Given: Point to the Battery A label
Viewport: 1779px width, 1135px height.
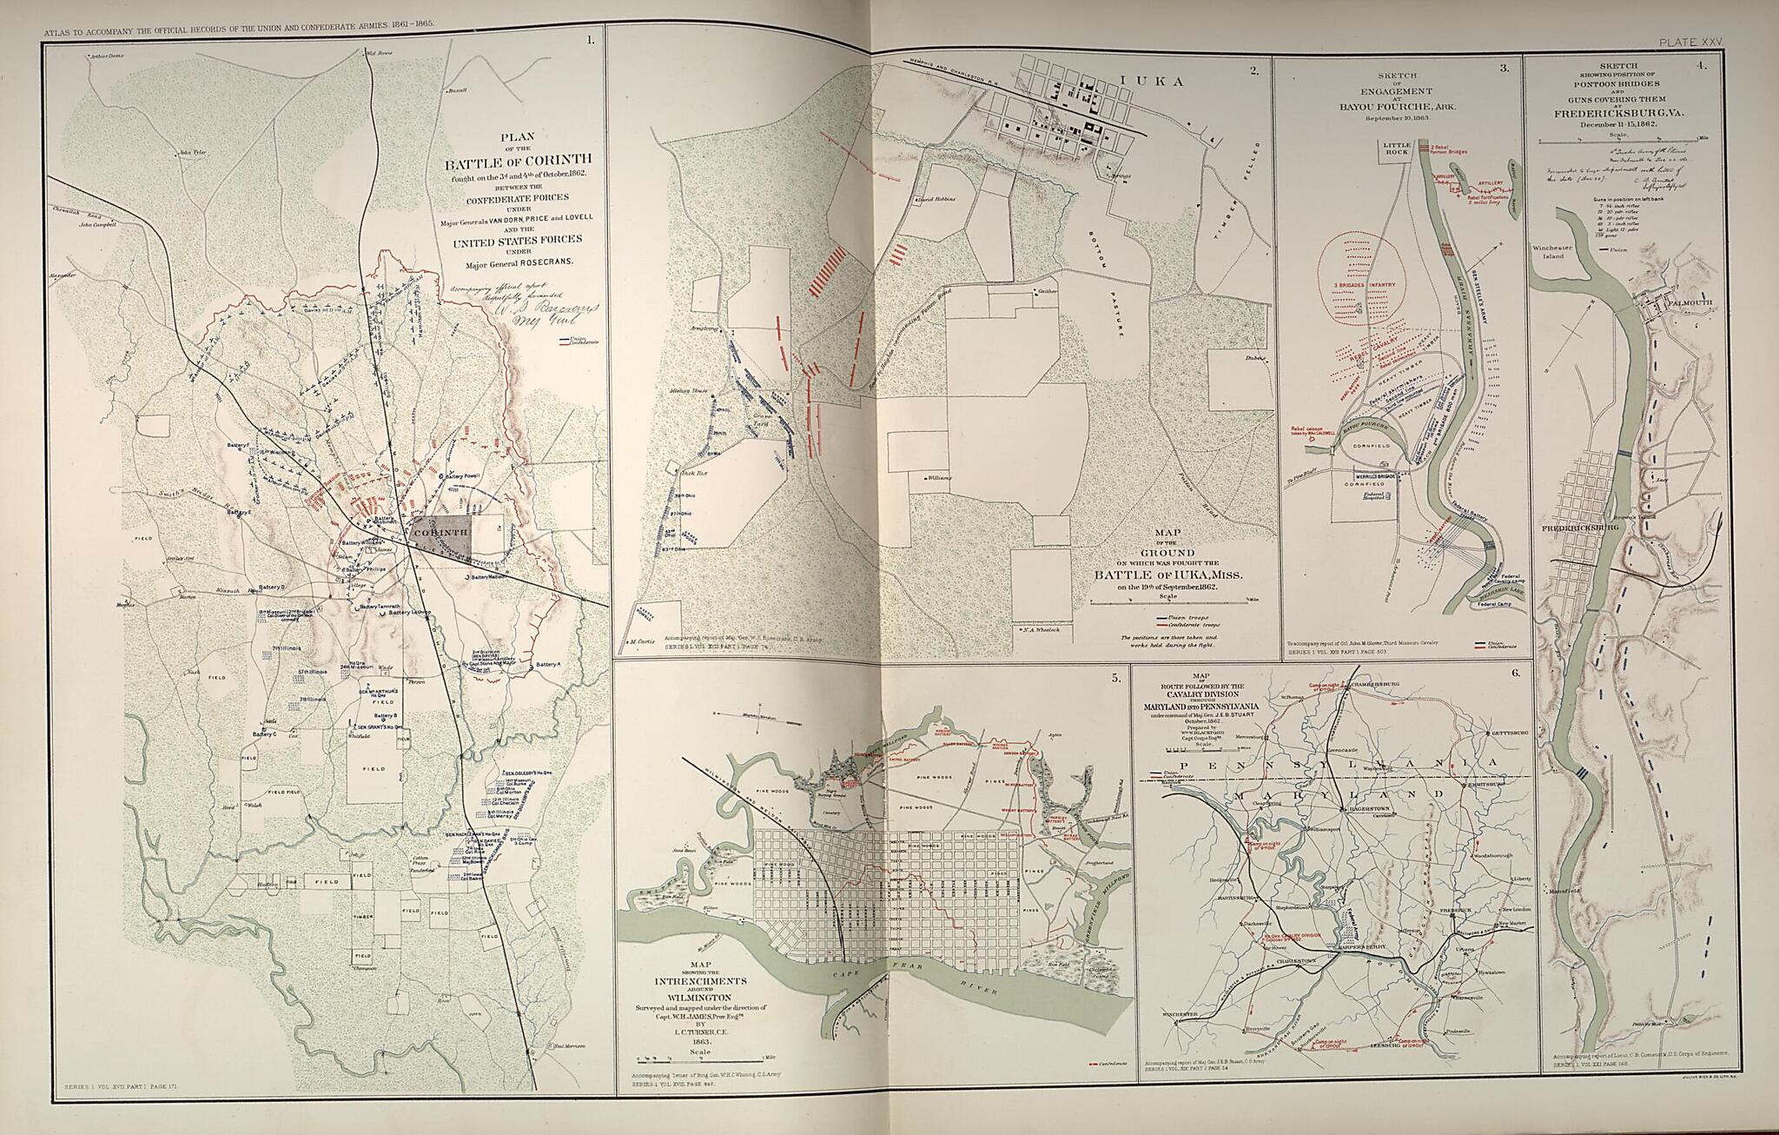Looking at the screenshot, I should (x=550, y=664).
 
